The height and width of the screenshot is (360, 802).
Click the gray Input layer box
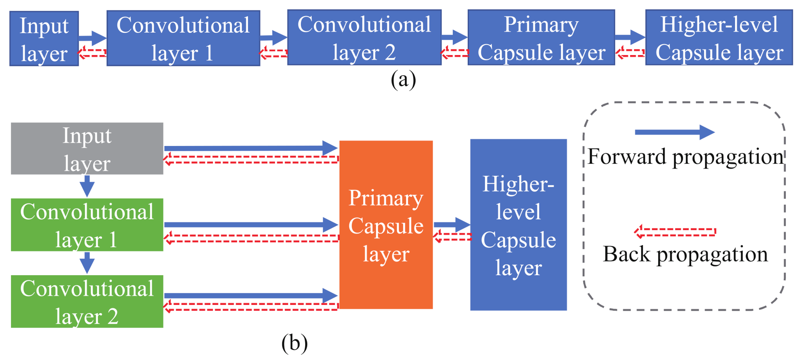pyautogui.click(x=87, y=149)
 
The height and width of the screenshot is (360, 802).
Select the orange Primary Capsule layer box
pyautogui.click(x=386, y=225)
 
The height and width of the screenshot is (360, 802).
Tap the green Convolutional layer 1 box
pyautogui.click(x=87, y=225)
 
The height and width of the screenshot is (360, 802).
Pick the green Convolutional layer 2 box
pyautogui.click(x=87, y=301)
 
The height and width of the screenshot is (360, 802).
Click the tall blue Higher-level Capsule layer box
pyautogui.click(x=518, y=225)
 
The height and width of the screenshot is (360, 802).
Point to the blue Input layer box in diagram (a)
pyautogui.click(x=44, y=39)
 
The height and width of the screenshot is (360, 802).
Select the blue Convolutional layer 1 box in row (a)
pyautogui.click(x=183, y=38)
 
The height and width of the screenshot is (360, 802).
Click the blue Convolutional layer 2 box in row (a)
pyautogui.click(x=364, y=38)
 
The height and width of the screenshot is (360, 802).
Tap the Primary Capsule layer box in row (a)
pyautogui.click(x=541, y=38)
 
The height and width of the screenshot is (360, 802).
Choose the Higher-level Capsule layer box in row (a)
pyautogui.click(x=719, y=38)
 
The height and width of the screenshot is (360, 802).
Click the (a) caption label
pyautogui.click(x=403, y=79)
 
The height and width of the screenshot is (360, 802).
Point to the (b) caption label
pyautogui.click(x=294, y=343)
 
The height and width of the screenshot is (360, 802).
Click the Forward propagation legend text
pyautogui.click(x=685, y=157)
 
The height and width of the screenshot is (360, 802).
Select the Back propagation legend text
pyautogui.click(x=685, y=254)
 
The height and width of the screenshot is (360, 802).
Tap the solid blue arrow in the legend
pyautogui.click(x=675, y=132)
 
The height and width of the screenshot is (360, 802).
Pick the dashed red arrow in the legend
pyautogui.click(x=675, y=232)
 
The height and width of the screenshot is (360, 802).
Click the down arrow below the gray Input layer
pyautogui.click(x=87, y=186)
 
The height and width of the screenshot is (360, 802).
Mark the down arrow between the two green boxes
pyautogui.click(x=87, y=263)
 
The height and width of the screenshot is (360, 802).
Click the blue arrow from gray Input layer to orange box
pyautogui.click(x=251, y=148)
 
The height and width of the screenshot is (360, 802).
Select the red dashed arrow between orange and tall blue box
pyautogui.click(x=452, y=237)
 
